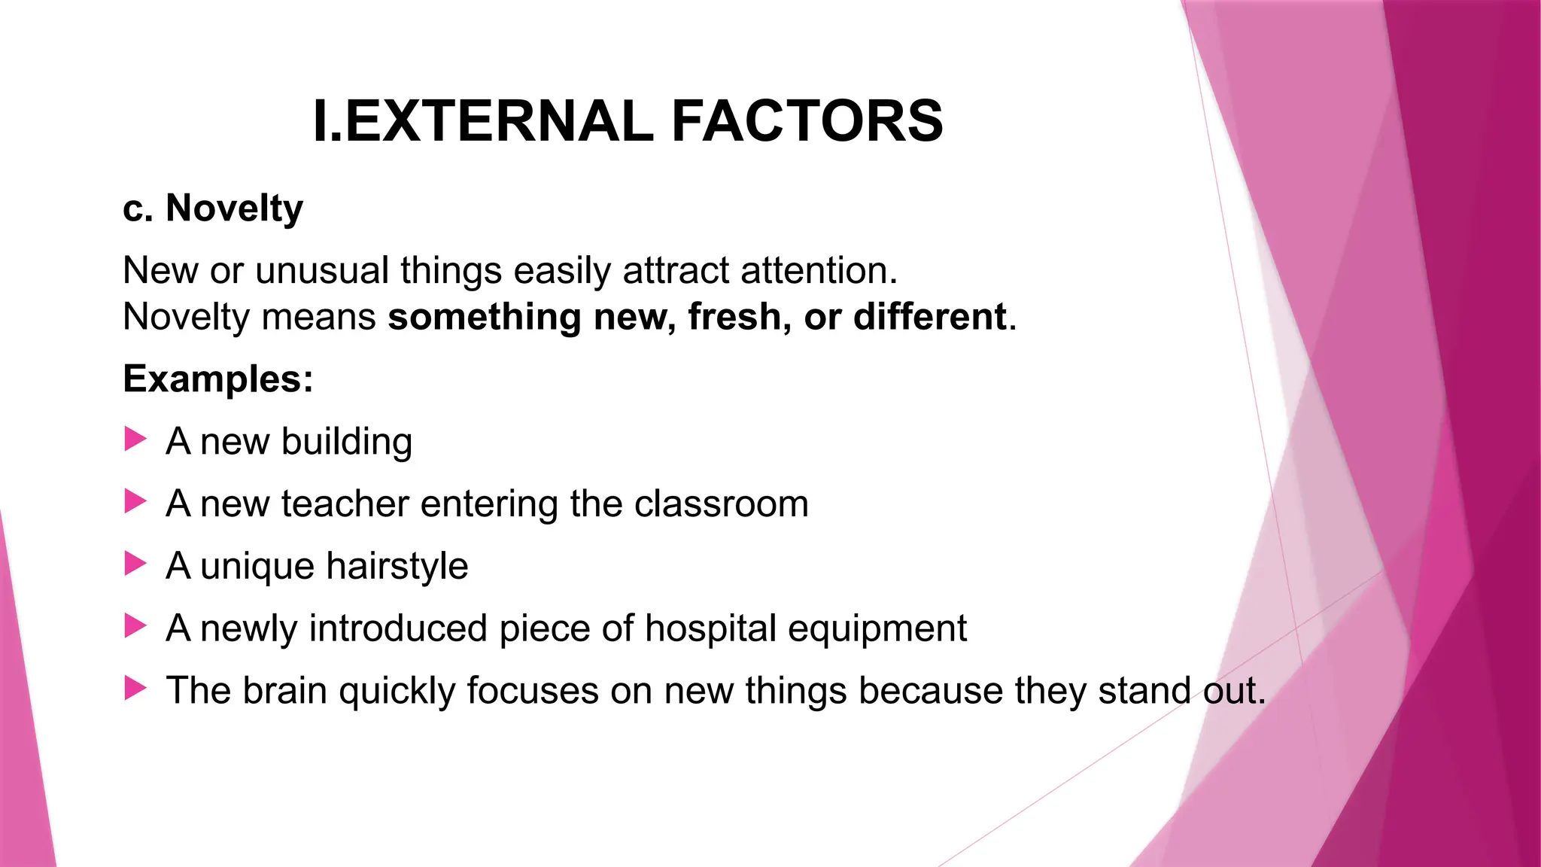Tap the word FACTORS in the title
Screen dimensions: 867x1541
pyautogui.click(x=807, y=121)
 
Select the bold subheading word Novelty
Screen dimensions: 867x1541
pyautogui.click(x=234, y=208)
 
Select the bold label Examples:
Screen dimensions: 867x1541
pyautogui.click(x=218, y=379)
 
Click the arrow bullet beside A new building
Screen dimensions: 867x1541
pyautogui.click(x=135, y=439)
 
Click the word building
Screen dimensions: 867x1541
pyautogui.click(x=347, y=442)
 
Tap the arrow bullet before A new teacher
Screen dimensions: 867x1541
pyautogui.click(x=135, y=501)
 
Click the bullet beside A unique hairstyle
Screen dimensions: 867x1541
pyautogui.click(x=135, y=563)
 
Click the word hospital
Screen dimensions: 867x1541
pyautogui.click(x=710, y=628)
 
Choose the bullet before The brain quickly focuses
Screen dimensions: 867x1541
pyautogui.click(x=135, y=687)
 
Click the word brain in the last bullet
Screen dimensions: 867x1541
pyautogui.click(x=284, y=690)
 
